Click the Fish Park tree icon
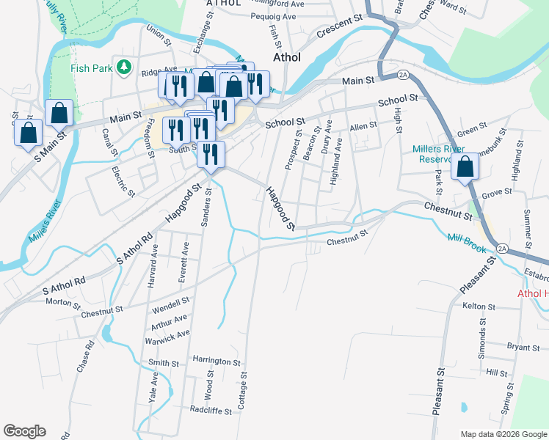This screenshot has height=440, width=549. click(126, 67)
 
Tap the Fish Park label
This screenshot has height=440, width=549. click(90, 68)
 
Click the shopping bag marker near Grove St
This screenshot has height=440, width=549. click(465, 167)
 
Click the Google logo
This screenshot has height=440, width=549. click(24, 431)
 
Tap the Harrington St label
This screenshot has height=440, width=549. click(217, 362)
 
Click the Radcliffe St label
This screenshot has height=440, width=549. click(211, 411)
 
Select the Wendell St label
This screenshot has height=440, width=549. click(171, 301)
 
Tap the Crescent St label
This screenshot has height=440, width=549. click(341, 32)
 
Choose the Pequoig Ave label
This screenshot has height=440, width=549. click(272, 15)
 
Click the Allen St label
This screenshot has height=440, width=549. click(363, 126)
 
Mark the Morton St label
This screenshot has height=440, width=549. click(62, 302)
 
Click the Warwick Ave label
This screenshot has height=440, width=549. click(168, 337)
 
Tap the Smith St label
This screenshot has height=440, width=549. click(164, 363)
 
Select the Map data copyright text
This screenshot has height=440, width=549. click(503, 434)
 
